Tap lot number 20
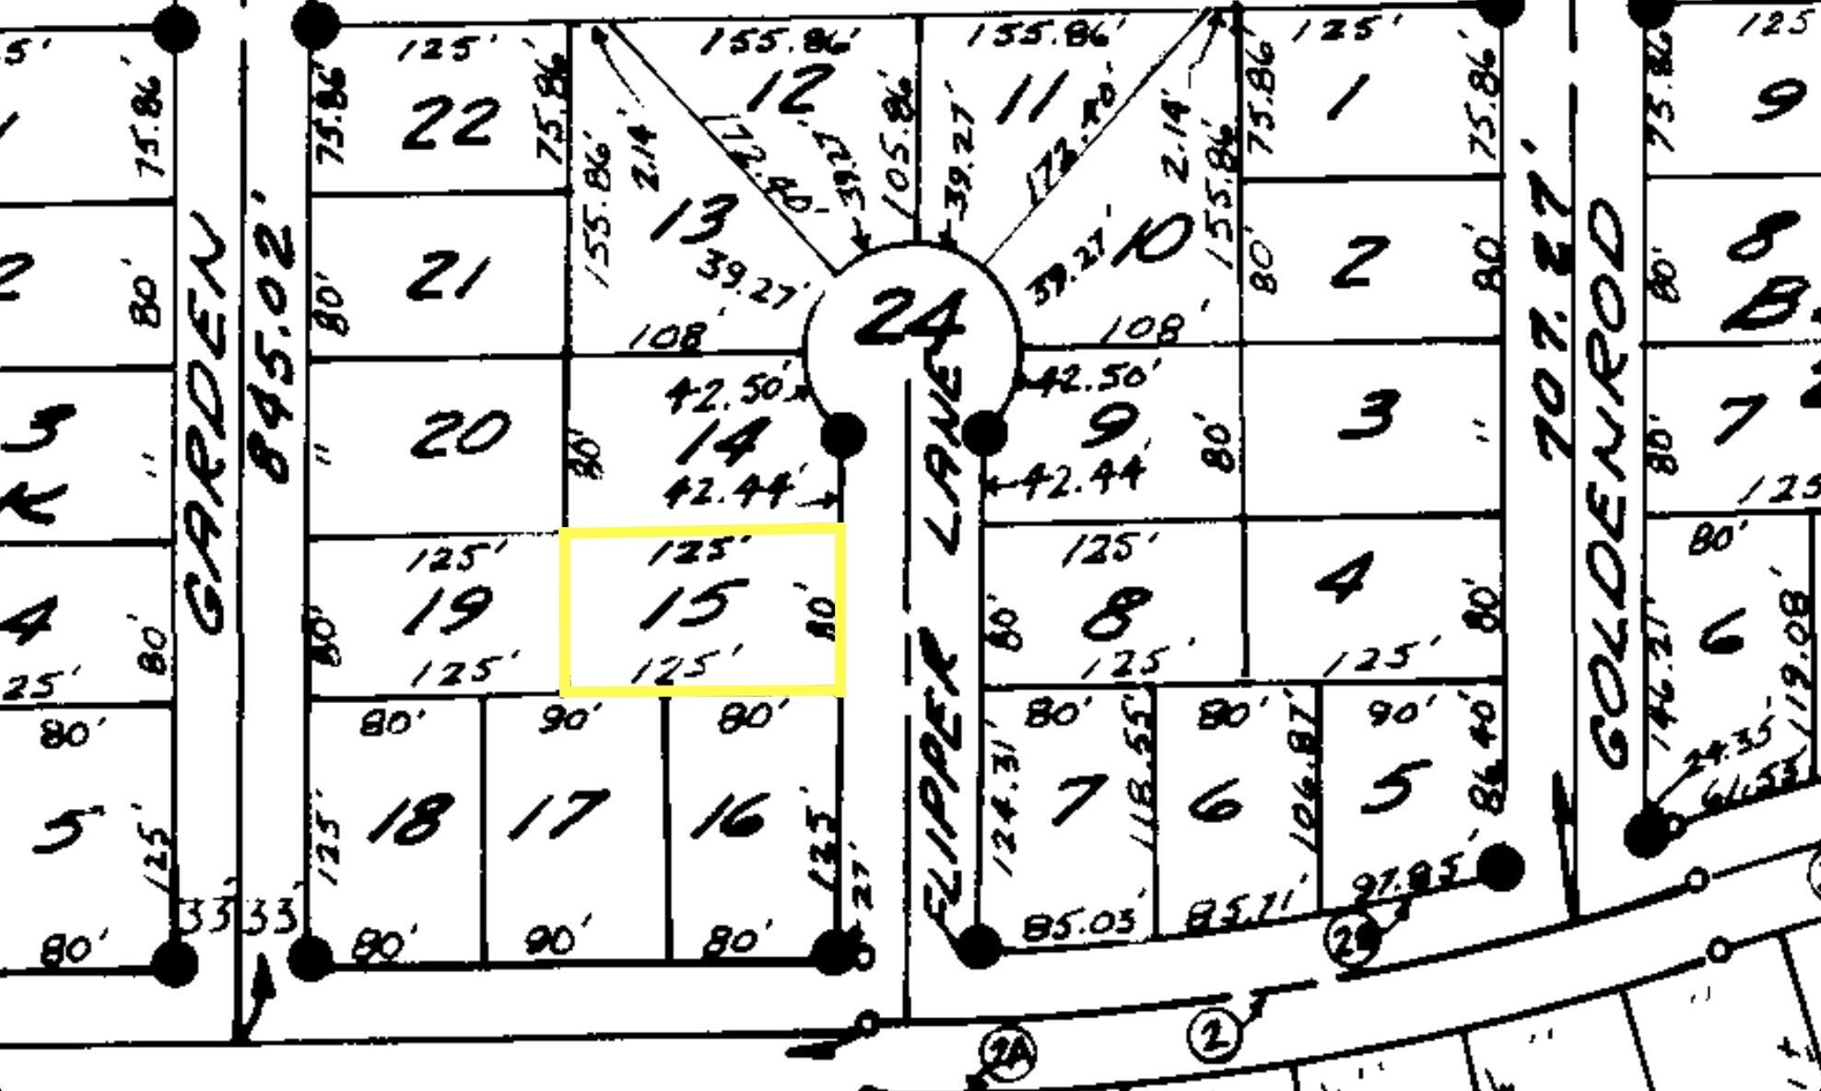click(460, 434)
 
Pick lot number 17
click(559, 815)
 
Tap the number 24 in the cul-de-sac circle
click(910, 319)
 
